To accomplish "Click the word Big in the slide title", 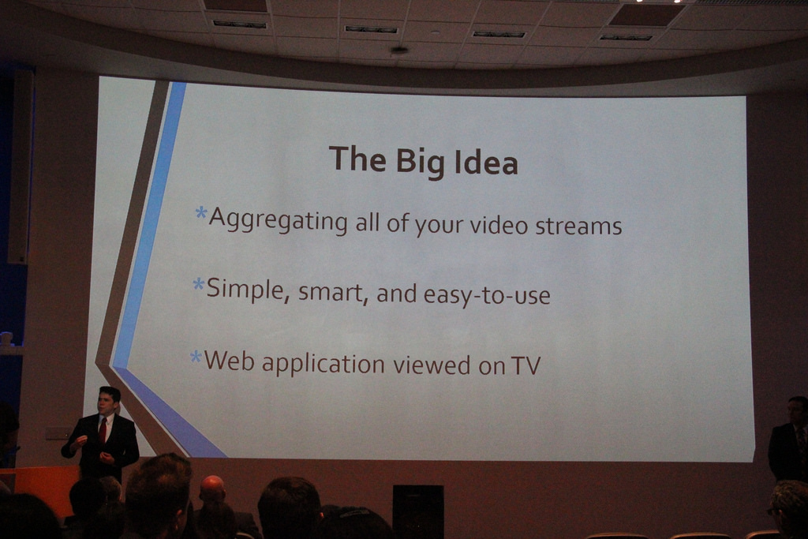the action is (420, 162).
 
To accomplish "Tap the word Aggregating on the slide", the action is (279, 220).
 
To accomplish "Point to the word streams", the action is (578, 226).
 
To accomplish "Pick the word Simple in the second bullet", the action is (245, 290).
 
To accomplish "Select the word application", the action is (323, 365).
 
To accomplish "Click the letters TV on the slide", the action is (526, 366).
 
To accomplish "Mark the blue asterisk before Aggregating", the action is (201, 213).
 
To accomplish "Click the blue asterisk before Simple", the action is (198, 284).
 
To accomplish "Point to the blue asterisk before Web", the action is (196, 357).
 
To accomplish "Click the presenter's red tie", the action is (103, 430).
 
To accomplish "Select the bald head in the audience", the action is (212, 489).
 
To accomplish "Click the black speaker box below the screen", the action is (418, 511).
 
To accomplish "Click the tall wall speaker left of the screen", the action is (21, 167).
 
